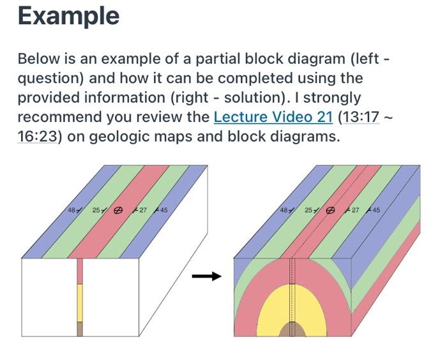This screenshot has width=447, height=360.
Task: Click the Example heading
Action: [x=68, y=15]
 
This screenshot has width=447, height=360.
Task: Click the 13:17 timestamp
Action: [x=354, y=117]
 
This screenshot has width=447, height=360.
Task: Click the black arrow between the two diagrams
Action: [x=206, y=276]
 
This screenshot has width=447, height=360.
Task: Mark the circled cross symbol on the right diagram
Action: [x=330, y=210]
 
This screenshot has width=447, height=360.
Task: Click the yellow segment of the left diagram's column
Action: [x=80, y=303]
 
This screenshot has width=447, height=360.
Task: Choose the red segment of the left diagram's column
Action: [x=80, y=271]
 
